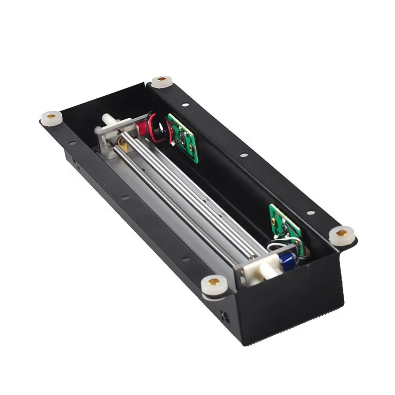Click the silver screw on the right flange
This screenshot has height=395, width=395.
pos(311,213)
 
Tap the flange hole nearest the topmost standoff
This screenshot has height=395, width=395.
pos(186,105)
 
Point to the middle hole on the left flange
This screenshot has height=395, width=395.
pos(126,198)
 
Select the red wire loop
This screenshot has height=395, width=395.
pos(157,126)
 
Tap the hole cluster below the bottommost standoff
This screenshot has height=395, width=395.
pos(225,315)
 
